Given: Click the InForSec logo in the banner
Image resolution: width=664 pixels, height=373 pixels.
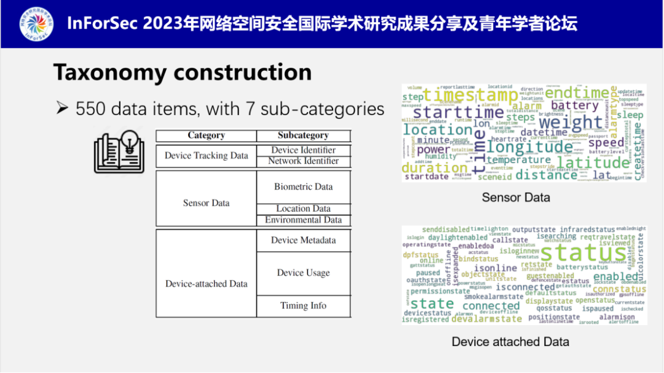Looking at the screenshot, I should (x=36, y=24).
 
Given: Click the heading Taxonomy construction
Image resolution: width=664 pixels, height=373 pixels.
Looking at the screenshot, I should (x=182, y=72).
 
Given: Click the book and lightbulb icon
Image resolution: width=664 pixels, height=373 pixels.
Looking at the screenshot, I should (x=119, y=151).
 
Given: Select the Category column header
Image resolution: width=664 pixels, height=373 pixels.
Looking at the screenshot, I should (x=206, y=135).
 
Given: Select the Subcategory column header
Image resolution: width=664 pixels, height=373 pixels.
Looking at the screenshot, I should (x=303, y=135).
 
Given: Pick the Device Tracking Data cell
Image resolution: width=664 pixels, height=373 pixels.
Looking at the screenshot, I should (x=206, y=156).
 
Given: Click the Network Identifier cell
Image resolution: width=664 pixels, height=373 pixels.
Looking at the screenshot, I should (x=303, y=161).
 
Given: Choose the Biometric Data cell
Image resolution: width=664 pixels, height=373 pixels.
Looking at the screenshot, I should (x=303, y=187).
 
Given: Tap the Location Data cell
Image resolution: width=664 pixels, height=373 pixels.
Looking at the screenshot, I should (x=303, y=209).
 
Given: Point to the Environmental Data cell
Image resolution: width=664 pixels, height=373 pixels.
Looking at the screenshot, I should (x=303, y=220).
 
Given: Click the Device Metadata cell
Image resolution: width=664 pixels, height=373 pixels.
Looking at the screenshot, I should (x=303, y=240).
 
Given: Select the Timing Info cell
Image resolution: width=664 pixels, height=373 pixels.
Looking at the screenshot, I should (x=303, y=306).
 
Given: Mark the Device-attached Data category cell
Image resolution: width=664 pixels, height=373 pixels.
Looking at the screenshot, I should (x=206, y=284).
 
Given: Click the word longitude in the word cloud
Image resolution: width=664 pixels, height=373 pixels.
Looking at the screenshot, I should (x=529, y=148).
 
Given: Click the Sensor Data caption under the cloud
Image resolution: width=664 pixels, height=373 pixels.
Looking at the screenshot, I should (x=516, y=198).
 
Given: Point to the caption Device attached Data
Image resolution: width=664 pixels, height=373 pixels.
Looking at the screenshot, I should (x=510, y=342).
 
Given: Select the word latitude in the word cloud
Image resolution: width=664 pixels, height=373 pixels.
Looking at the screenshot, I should (x=593, y=162).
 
